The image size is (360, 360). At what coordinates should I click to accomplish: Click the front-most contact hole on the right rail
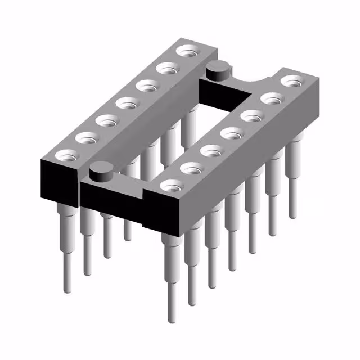pos(169,185)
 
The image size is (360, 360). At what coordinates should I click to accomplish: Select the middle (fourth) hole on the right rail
pos(230,134)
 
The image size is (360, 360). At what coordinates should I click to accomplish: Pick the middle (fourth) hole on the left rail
pos(127,103)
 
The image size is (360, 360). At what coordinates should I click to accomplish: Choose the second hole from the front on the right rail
pos(190,168)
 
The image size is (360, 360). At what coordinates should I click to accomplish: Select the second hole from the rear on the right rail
pos(271,100)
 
